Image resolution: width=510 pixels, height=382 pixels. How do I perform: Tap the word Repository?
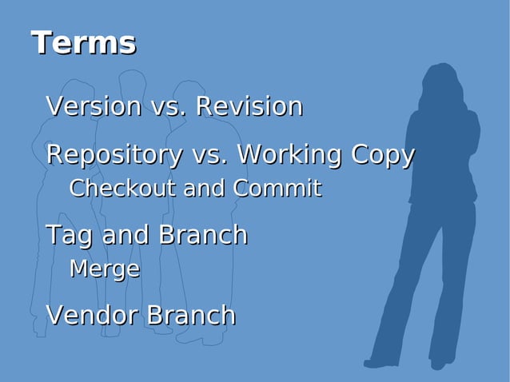113,154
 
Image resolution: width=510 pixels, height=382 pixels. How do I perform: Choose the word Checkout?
122,189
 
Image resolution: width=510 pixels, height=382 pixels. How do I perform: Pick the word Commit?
277,189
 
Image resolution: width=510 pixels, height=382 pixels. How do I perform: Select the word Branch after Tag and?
202,235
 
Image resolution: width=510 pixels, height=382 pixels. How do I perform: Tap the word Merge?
104,269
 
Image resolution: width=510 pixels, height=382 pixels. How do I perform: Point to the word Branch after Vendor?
189,315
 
